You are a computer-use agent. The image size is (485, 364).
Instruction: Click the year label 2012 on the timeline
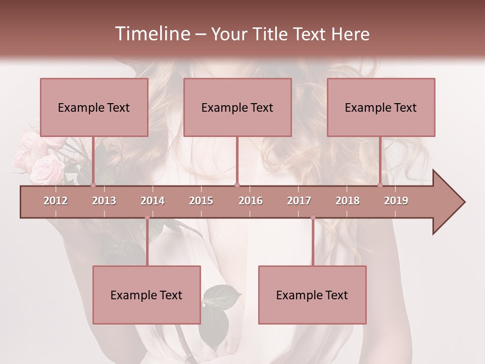tap(56, 201)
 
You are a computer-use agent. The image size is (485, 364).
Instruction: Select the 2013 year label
tap(104, 201)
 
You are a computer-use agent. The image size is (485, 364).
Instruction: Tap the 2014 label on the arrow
tap(153, 201)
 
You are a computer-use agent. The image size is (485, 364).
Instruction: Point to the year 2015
tap(201, 201)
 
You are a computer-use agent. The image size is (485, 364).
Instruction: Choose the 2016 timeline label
tap(251, 201)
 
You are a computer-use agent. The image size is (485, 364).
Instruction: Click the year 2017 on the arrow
tap(299, 201)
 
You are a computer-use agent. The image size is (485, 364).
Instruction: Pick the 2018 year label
tap(348, 201)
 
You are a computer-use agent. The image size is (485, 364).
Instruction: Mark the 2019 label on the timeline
tap(396, 201)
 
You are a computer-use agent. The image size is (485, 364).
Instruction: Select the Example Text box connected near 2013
tap(94, 107)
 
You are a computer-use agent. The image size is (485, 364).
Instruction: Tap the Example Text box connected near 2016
tap(237, 107)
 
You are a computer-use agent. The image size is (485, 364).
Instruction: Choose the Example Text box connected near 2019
tap(381, 107)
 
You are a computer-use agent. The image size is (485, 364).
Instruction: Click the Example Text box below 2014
tap(147, 295)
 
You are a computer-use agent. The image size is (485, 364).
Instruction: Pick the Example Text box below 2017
tap(312, 295)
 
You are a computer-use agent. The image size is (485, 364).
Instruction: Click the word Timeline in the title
tap(152, 34)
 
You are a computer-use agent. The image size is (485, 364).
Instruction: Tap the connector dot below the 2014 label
tap(147, 218)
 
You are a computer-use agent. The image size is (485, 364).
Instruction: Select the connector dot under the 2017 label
tap(313, 218)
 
